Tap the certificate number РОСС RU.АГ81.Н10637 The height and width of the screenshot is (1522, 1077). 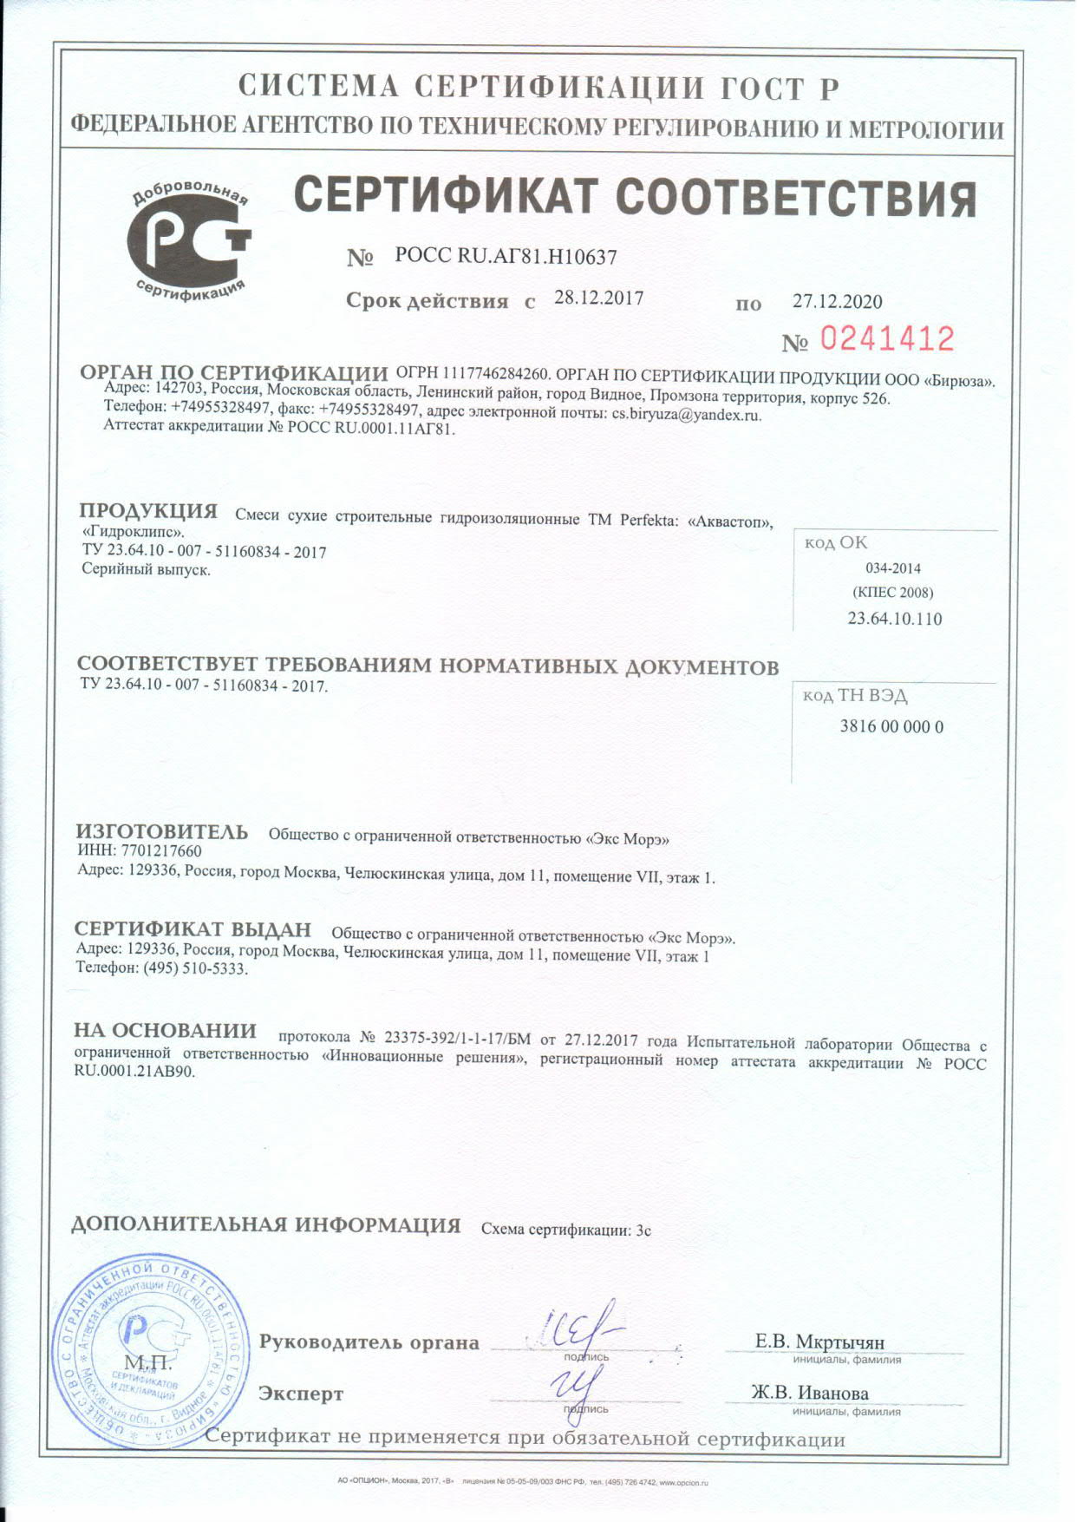506,257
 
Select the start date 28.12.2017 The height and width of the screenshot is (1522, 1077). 598,298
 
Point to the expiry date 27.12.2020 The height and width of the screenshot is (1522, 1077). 837,302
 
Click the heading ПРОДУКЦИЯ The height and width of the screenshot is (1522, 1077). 148,511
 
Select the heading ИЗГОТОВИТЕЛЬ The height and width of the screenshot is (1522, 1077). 162,831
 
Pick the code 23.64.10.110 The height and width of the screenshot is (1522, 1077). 894,619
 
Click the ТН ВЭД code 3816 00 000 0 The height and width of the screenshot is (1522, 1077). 891,726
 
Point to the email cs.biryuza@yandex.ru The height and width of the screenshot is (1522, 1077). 686,415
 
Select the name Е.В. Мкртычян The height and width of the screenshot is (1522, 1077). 819,1342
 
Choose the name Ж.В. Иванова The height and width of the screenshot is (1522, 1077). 809,1393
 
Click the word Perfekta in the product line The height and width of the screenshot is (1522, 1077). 649,521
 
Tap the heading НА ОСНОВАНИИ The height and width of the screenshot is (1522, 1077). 166,1031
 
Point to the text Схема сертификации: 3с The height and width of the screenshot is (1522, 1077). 565,1230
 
